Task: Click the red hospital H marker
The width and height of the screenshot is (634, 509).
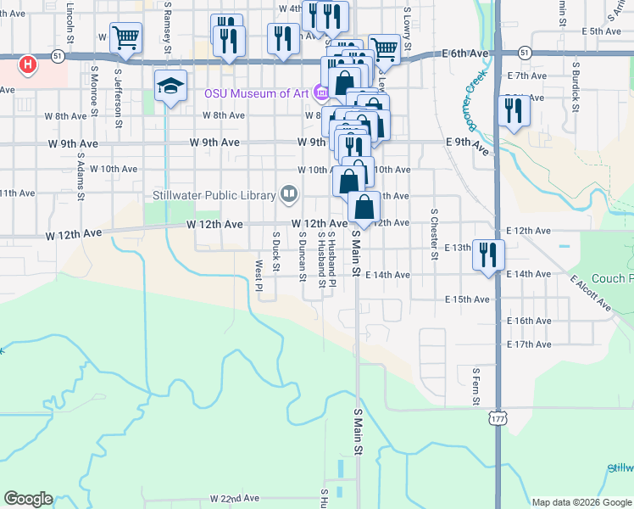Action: (28, 64)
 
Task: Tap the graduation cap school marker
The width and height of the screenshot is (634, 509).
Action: (170, 86)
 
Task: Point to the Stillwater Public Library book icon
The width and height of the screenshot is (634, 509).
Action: (289, 195)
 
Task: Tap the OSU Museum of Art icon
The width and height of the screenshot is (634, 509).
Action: (320, 92)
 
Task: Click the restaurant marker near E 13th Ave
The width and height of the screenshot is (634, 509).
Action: (488, 254)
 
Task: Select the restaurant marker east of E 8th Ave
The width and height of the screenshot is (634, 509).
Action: (514, 111)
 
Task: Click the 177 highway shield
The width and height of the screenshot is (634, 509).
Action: (497, 418)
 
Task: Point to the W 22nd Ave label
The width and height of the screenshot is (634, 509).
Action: (234, 498)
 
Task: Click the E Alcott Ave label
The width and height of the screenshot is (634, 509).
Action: (591, 292)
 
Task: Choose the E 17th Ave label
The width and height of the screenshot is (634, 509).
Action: (529, 344)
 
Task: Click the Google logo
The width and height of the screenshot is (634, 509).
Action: (28, 499)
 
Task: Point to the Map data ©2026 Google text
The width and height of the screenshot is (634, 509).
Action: (581, 502)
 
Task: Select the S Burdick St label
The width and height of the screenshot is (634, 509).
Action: (576, 86)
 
